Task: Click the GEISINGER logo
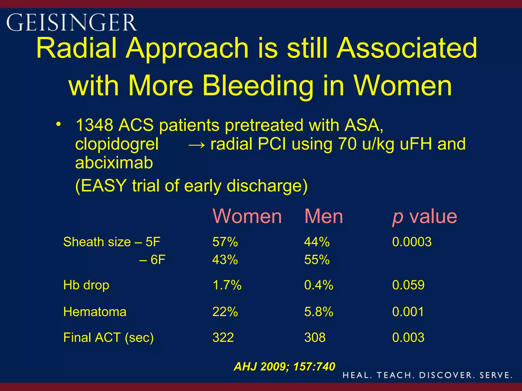click(x=71, y=22)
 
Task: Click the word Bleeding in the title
click(x=257, y=86)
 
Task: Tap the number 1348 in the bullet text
click(x=94, y=125)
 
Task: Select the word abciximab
click(x=114, y=163)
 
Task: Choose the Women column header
click(x=247, y=216)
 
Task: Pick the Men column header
click(x=323, y=216)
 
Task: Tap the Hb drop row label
click(x=86, y=285)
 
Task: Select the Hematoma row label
click(x=95, y=312)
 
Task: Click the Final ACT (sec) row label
click(x=108, y=338)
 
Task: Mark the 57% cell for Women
click(x=225, y=242)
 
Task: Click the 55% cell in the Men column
click(x=317, y=260)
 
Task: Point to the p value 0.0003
click(x=412, y=242)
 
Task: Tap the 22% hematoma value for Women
click(x=225, y=312)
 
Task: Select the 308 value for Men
click(x=315, y=338)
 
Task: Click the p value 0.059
click(x=408, y=285)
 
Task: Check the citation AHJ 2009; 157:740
click(x=284, y=367)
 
